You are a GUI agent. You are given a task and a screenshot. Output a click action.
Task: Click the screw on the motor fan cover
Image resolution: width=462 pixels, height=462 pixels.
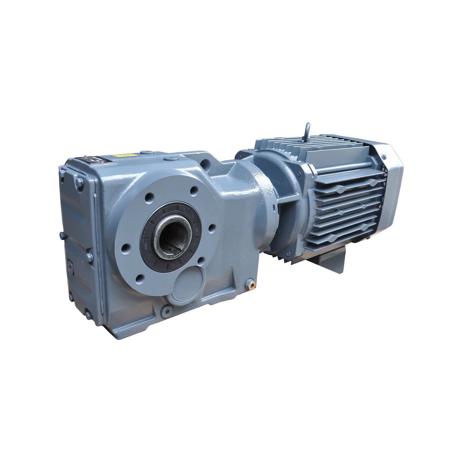384,156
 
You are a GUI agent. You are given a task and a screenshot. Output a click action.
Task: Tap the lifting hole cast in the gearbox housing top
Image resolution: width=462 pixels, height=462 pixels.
207,162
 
